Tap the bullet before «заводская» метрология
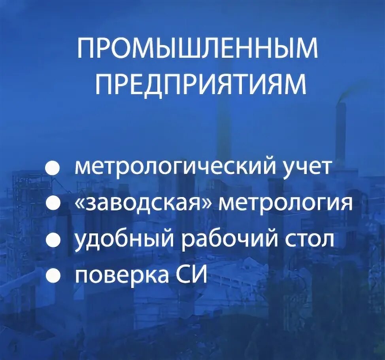[52, 205]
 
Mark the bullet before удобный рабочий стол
[52, 240]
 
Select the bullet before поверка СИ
[52, 275]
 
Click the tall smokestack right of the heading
[340, 131]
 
